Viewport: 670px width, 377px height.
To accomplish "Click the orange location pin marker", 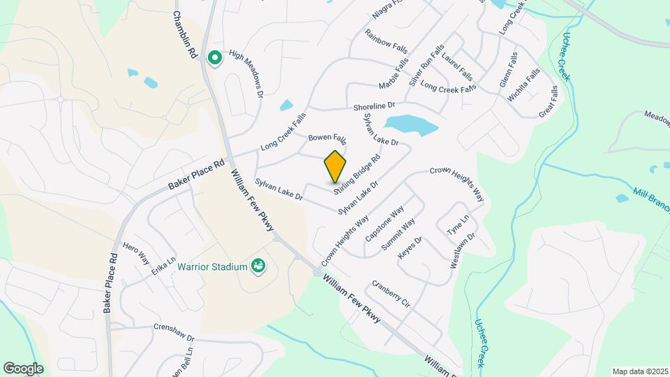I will tap(336, 167).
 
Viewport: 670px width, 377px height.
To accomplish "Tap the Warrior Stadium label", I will tap(212, 267).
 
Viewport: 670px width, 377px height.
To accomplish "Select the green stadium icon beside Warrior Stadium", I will tap(259, 266).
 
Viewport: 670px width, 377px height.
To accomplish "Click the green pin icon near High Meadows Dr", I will tap(215, 57).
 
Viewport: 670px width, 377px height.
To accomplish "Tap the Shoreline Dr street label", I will tap(378, 107).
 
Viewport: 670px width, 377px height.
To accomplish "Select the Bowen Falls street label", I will tap(327, 138).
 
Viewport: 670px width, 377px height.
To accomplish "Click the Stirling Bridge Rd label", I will tap(357, 174).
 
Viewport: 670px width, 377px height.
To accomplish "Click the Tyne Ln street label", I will tap(454, 226).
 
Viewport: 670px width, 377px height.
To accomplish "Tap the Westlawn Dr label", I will tap(463, 249).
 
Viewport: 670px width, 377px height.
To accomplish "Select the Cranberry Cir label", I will tap(391, 294).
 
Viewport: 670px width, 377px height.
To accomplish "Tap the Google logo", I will tap(23, 369).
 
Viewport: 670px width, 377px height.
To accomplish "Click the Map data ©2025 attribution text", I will tap(639, 371).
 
